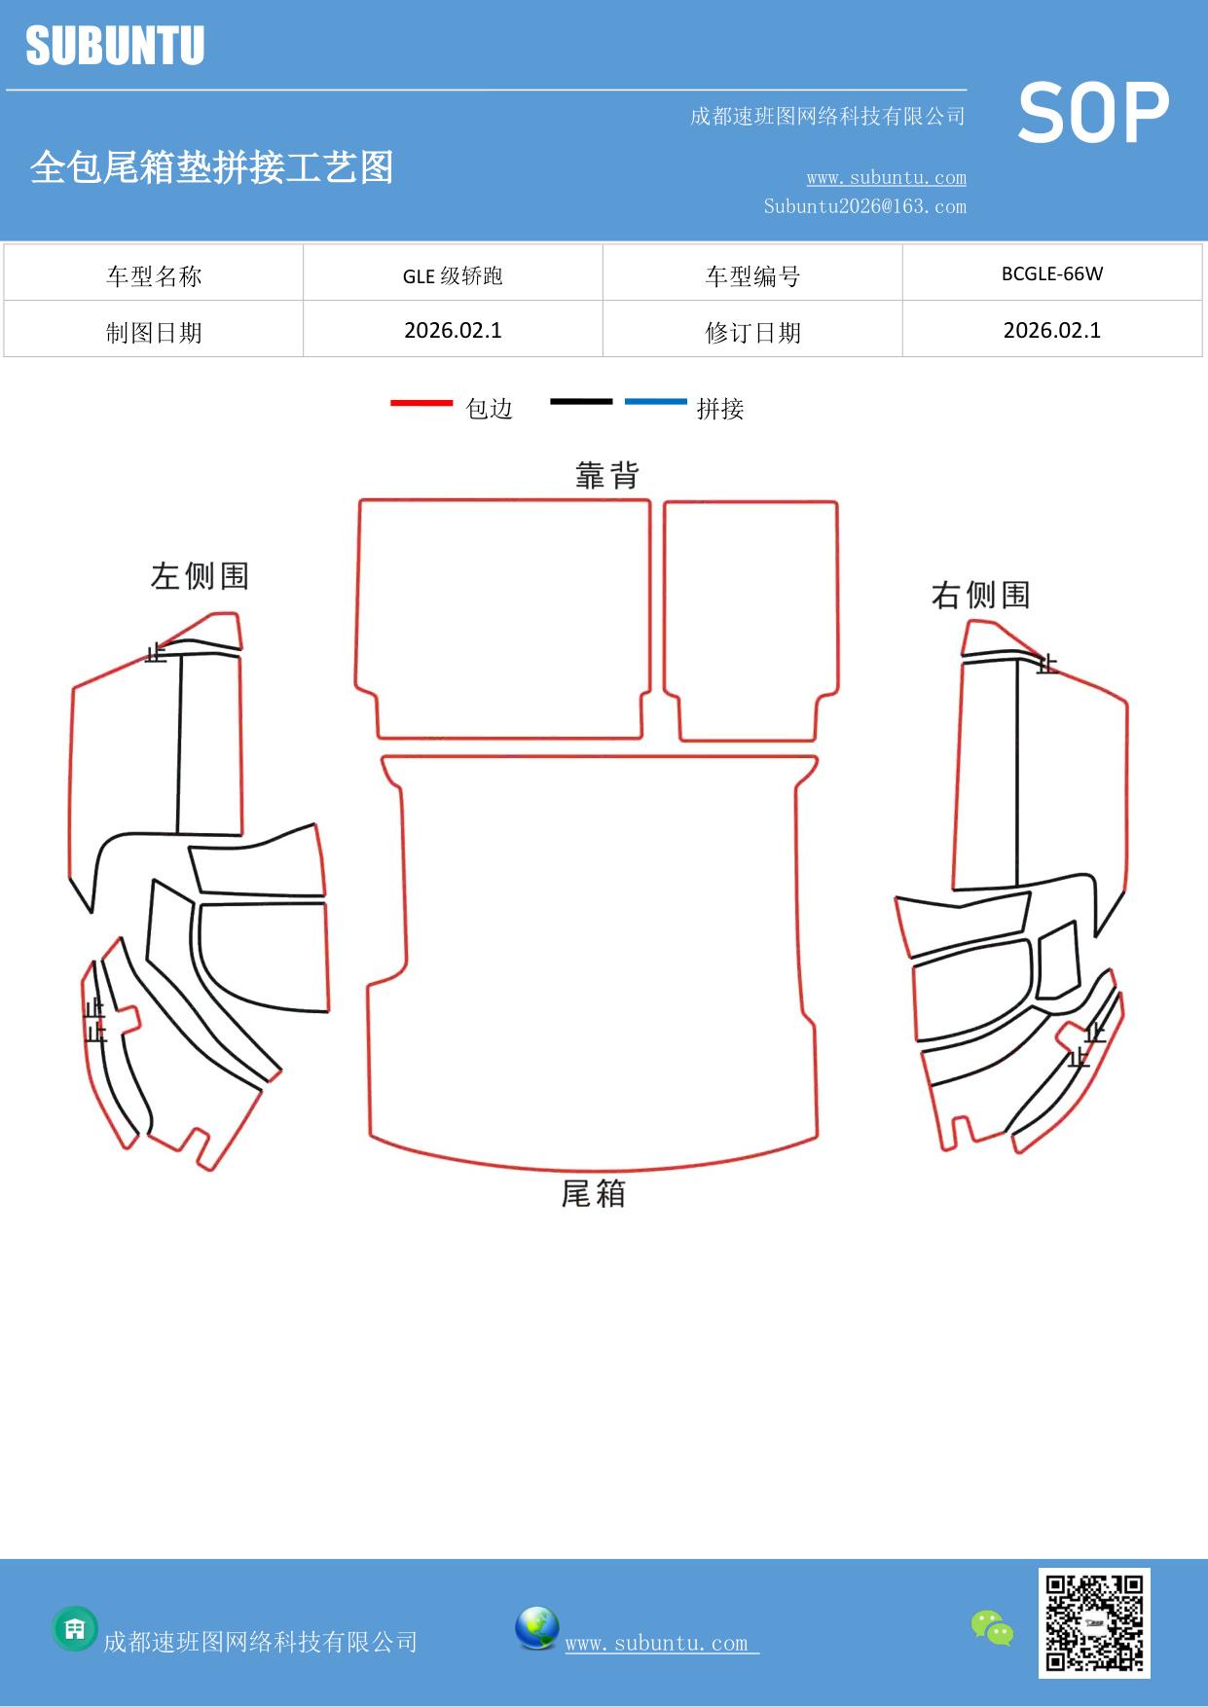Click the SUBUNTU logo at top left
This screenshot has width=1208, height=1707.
115,46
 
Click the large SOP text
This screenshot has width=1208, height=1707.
1093,113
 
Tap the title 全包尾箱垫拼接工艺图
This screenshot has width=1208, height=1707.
211,167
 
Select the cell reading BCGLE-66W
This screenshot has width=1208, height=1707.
1052,273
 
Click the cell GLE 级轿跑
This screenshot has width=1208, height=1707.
453,275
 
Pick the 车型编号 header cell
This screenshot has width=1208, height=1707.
752,275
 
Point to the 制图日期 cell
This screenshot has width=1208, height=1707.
154,332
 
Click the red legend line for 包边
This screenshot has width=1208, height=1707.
421,402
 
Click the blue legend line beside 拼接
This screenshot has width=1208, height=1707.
655,401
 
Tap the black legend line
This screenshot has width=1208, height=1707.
581,401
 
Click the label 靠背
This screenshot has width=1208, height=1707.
606,475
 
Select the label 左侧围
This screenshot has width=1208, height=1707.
200,575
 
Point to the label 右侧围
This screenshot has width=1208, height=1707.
980,595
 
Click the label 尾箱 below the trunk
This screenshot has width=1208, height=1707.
593,1193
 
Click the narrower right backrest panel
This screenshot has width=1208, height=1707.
750,613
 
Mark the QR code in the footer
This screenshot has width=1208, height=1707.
1094,1622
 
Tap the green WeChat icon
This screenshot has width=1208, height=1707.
992,1627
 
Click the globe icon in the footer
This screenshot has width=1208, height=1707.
536,1628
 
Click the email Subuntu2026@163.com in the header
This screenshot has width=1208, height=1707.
864,206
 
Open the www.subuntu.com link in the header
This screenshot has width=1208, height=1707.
886,177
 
